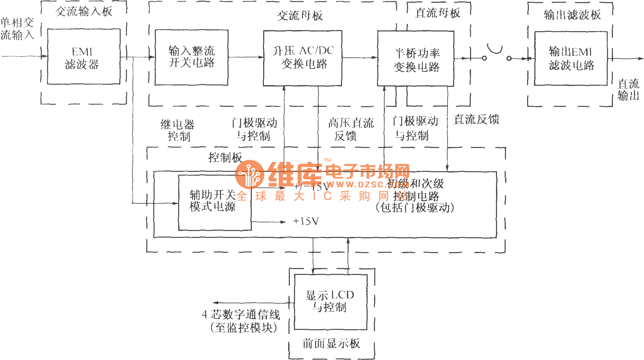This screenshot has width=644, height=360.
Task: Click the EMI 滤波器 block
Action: click(83, 57)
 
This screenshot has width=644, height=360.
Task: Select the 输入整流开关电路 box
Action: click(191, 57)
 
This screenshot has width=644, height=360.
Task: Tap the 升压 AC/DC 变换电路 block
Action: click(303, 58)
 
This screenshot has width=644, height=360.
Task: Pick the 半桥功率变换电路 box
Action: click(415, 59)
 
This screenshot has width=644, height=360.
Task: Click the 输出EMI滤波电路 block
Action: click(571, 58)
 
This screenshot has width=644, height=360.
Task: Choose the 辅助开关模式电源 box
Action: click(214, 202)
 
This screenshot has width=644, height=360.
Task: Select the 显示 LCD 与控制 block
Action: click(330, 302)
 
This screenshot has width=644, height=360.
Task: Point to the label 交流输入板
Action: click(84, 11)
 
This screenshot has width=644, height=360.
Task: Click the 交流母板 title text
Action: click(300, 16)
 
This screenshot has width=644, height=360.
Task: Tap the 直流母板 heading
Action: click(438, 13)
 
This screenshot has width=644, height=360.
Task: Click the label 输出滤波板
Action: click(572, 15)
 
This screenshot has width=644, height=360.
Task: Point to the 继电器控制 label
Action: click(178, 130)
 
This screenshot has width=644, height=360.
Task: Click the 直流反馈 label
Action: click(476, 120)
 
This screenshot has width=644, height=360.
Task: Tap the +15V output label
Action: click(306, 221)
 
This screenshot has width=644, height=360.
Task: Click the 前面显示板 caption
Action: click(331, 343)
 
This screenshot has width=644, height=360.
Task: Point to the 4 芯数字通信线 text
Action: click(241, 315)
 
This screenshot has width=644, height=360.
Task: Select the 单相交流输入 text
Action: click(17, 29)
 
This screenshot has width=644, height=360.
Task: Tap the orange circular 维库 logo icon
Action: click(249, 174)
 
